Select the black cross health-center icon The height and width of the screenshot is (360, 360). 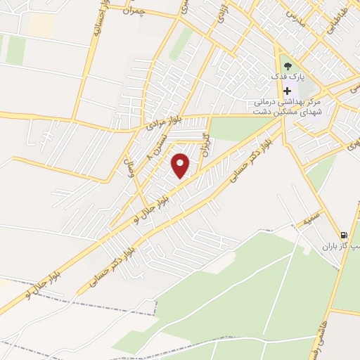287,91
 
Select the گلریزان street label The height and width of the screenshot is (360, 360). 205,143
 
